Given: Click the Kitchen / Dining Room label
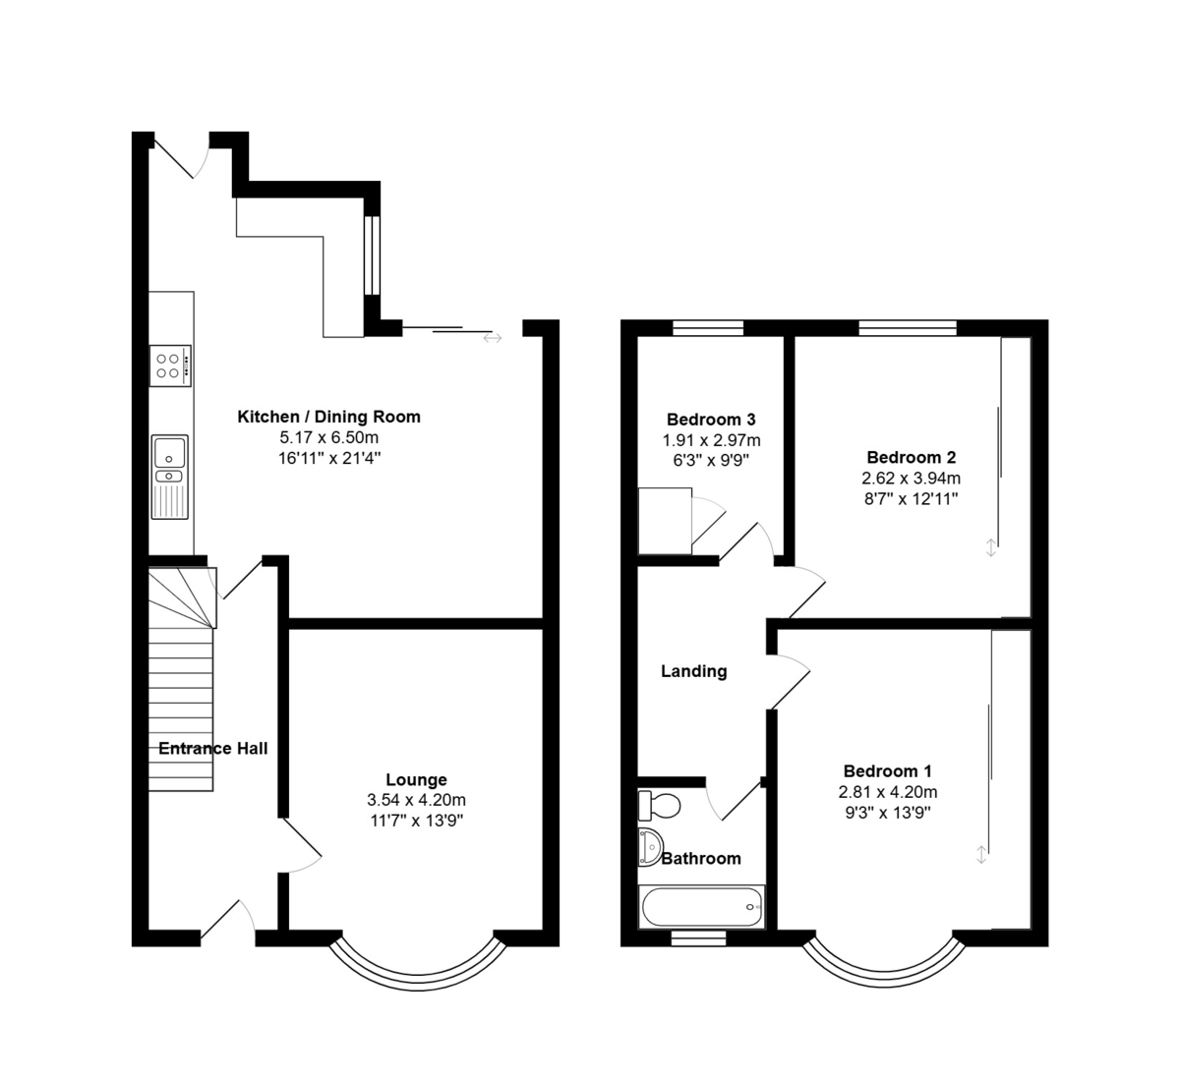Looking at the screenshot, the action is click(328, 417).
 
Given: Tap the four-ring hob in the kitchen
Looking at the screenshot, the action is click(170, 366).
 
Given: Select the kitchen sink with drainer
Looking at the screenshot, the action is click(170, 477).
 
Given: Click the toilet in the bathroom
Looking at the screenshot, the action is click(659, 805).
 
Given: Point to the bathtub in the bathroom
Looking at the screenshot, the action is click(702, 907).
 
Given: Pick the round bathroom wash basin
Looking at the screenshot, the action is click(651, 847).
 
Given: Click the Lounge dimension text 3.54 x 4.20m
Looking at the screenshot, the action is click(417, 800).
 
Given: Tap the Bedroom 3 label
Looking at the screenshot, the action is click(711, 420).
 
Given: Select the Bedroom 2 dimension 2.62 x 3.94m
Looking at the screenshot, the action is click(912, 479).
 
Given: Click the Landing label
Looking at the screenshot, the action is click(694, 671).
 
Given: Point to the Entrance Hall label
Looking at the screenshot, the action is click(213, 748).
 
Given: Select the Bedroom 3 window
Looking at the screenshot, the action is click(708, 327).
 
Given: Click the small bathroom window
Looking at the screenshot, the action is click(699, 938).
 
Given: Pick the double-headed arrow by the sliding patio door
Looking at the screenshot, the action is click(493, 338).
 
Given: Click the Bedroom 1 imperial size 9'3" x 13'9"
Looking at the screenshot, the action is click(888, 813).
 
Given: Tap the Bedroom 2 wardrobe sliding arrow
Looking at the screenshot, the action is click(990, 547).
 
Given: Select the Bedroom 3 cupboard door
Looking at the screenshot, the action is click(708, 521).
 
